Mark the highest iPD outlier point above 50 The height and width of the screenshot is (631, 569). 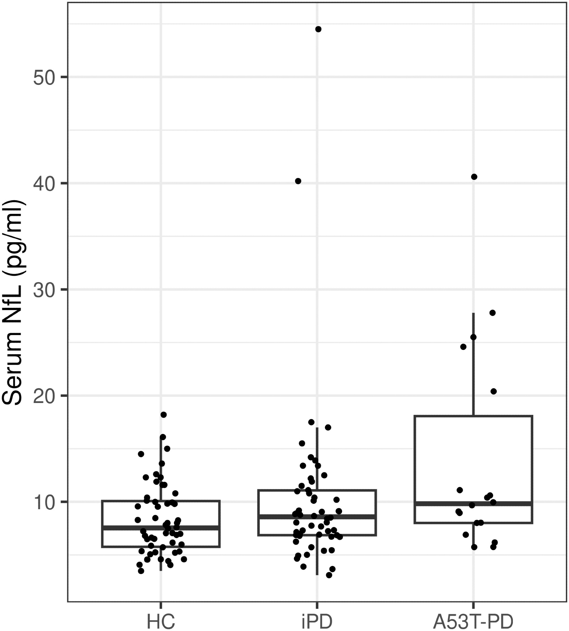click(x=318, y=29)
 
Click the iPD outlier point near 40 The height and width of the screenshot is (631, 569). click(x=298, y=181)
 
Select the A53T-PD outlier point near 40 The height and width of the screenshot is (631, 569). click(x=474, y=177)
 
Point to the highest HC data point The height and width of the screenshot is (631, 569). click(x=163, y=415)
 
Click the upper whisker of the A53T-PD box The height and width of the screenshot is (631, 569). click(x=473, y=363)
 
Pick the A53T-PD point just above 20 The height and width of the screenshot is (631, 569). click(x=494, y=392)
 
